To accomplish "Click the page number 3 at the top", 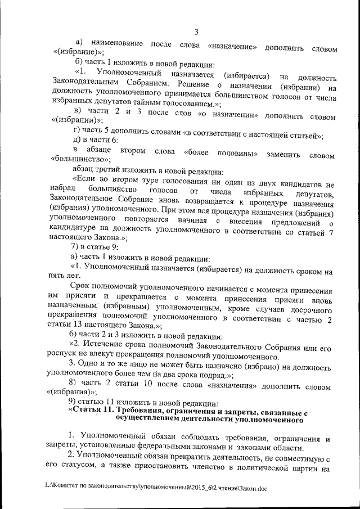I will [195, 31].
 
